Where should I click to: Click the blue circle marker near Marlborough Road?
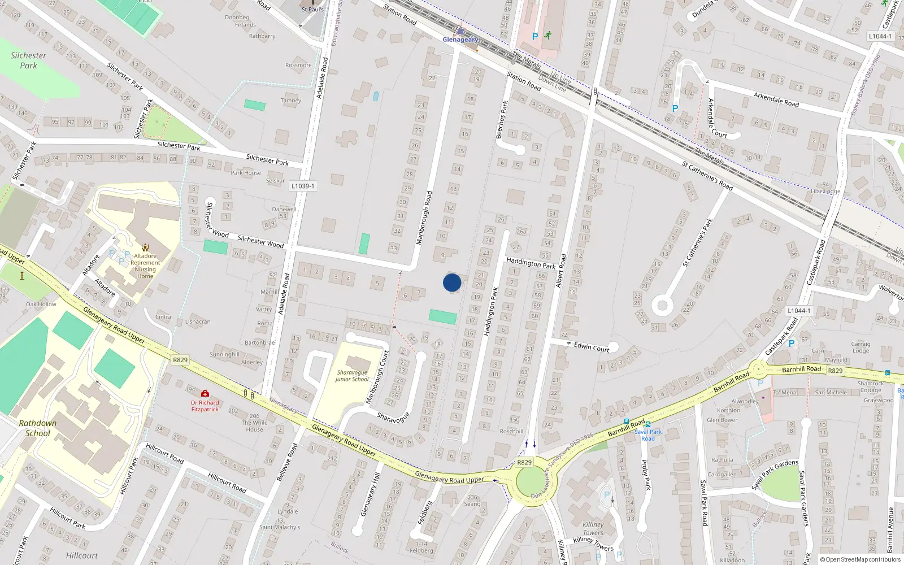(x=452, y=282)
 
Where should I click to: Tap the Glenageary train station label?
(x=460, y=40)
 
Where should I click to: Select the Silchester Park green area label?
(x=28, y=60)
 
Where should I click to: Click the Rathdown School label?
(x=38, y=428)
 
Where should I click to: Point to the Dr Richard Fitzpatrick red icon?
(x=205, y=393)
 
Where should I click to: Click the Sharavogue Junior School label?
(x=352, y=376)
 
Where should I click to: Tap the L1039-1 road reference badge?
(x=303, y=186)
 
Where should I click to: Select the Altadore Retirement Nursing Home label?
(x=145, y=266)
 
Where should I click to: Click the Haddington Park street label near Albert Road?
(x=531, y=263)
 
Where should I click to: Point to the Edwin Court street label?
(x=592, y=347)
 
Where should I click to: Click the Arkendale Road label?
(x=776, y=99)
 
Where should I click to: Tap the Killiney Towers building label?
(x=593, y=528)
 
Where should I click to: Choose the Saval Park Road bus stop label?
(x=648, y=435)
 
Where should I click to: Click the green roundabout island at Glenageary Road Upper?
(x=531, y=482)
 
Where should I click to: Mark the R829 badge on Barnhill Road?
(x=835, y=371)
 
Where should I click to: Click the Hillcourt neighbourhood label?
(x=82, y=555)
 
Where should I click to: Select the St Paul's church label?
(x=312, y=9)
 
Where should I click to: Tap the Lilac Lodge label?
(x=825, y=191)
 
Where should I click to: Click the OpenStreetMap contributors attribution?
(x=863, y=560)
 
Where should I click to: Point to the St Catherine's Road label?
(x=707, y=176)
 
